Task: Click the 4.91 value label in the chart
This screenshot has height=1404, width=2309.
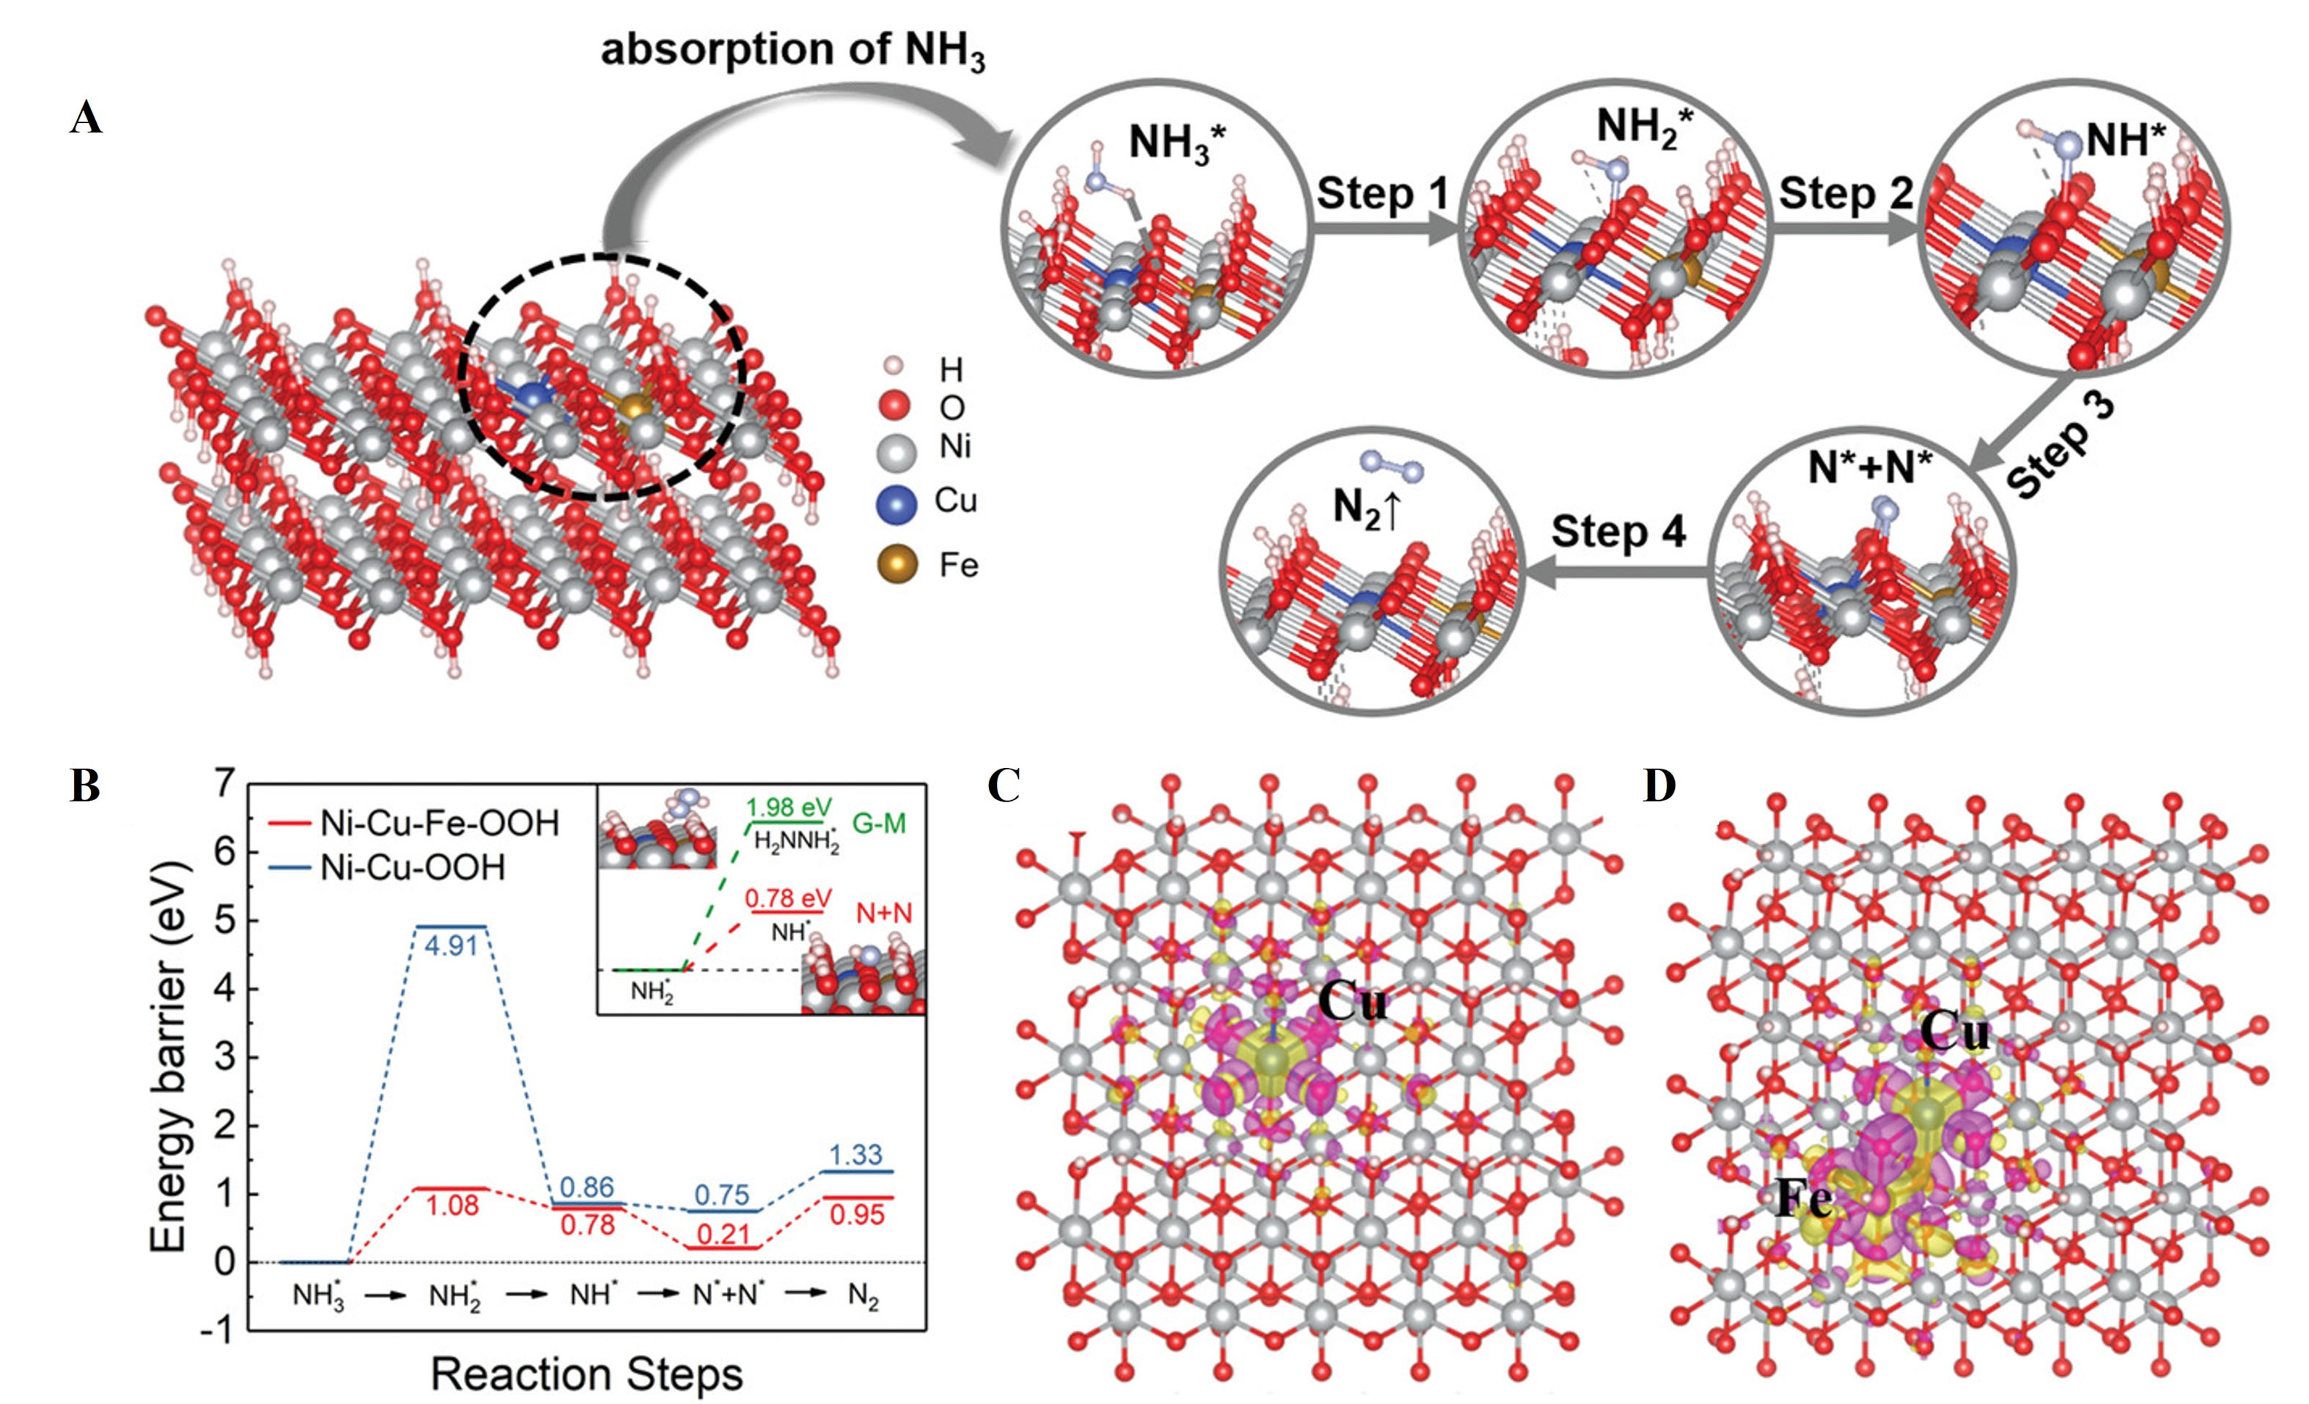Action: tap(452, 946)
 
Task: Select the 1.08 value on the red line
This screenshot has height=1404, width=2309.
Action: tap(452, 1205)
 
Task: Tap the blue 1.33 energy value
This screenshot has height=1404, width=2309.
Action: tap(855, 1154)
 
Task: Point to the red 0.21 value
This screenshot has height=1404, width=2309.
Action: tap(723, 1235)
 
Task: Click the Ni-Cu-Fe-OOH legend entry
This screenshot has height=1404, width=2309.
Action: tap(438, 824)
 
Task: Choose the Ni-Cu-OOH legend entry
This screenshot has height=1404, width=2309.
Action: tap(412, 868)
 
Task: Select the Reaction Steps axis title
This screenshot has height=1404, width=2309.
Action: tap(586, 1374)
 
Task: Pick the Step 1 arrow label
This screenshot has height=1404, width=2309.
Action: tap(1382, 194)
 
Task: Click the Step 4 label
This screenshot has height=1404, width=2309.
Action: tap(1618, 531)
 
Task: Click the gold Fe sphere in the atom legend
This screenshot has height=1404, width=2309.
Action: tap(896, 565)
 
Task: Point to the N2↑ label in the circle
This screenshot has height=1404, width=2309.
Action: tap(1366, 508)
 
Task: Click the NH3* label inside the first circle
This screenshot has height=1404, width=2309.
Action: tap(1176, 144)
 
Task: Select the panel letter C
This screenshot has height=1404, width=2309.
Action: tap(1003, 787)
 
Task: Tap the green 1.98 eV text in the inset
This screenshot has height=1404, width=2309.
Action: tap(788, 808)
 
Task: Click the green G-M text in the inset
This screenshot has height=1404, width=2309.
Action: tap(879, 824)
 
